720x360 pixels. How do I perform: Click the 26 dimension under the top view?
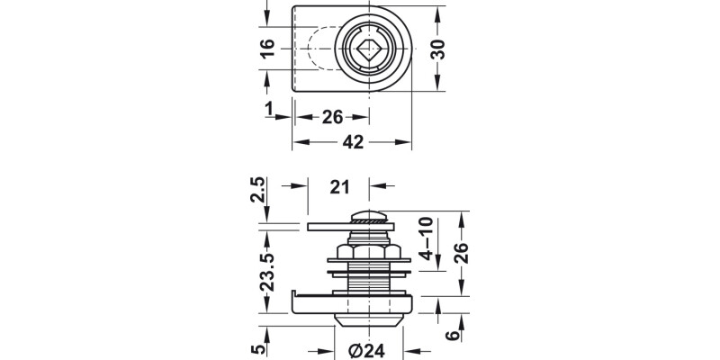click(333, 117)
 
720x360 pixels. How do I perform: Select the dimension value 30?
click(438, 50)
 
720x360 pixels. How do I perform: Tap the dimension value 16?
click(267, 50)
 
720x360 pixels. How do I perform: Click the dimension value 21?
click(339, 186)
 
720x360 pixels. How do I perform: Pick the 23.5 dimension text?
click(267, 270)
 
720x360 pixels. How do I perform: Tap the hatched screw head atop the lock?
click(368, 217)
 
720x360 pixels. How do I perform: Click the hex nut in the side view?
click(367, 251)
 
